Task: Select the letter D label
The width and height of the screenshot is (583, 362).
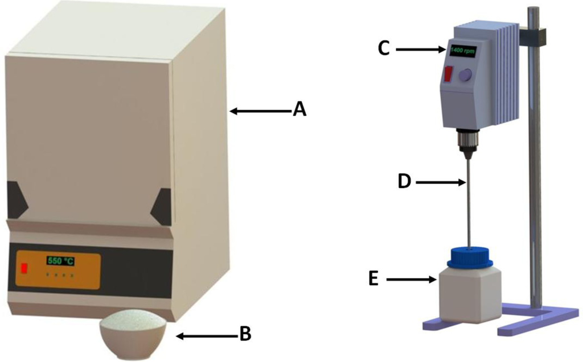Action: click(x=404, y=182)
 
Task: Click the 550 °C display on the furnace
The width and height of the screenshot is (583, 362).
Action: click(x=60, y=261)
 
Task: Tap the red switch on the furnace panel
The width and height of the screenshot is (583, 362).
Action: click(x=24, y=268)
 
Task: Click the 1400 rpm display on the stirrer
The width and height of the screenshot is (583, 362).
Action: click(x=462, y=50)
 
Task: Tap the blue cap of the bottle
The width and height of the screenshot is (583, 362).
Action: click(x=470, y=257)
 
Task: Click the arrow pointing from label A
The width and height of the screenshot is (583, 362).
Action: click(x=259, y=111)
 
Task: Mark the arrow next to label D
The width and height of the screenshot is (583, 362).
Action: click(x=440, y=182)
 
